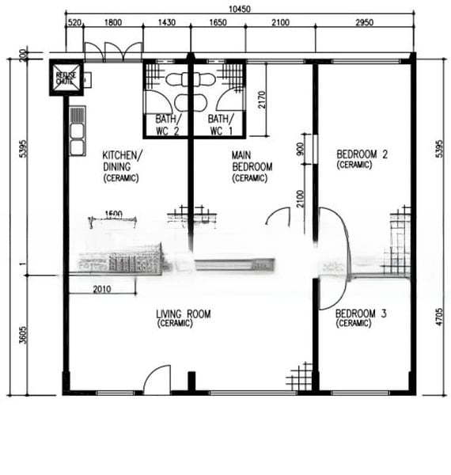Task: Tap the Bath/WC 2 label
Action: click(x=166, y=124)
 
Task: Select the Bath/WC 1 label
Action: click(x=220, y=124)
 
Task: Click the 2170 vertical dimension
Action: click(x=262, y=101)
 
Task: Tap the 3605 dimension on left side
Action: click(x=21, y=335)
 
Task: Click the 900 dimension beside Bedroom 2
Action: click(x=299, y=149)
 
